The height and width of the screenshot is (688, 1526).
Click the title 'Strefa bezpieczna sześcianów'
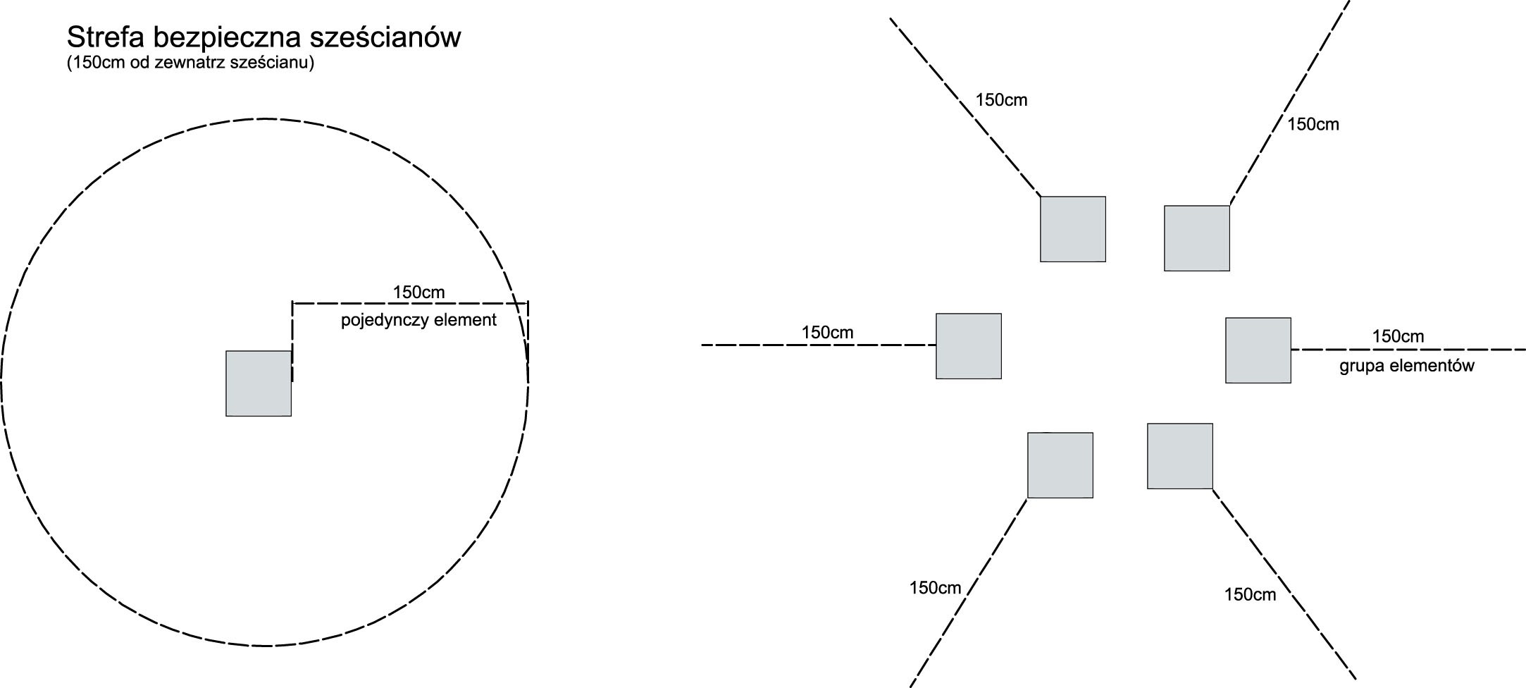coord(263,37)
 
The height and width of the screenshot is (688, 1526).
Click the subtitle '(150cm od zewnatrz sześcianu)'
coord(190,63)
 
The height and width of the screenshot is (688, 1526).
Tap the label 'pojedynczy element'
coord(418,320)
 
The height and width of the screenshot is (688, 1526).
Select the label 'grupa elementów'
coord(1406,366)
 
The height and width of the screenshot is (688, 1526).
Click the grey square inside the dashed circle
coord(259,383)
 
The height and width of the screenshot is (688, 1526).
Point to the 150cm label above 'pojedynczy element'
coord(418,292)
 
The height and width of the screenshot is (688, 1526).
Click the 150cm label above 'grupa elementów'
coord(1398,336)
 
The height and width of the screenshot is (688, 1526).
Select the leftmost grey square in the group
coord(968,346)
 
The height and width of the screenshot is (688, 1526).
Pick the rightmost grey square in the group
coord(1258,350)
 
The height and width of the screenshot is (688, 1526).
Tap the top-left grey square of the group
coord(1072,229)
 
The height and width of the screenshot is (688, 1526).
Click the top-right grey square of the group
coord(1196,238)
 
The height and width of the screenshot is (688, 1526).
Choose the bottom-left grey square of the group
coord(1060,465)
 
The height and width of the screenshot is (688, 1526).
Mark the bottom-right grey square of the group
coord(1179,456)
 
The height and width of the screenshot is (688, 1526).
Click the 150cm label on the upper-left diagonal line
coord(1001,100)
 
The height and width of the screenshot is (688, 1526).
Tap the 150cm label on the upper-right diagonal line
coord(1313,125)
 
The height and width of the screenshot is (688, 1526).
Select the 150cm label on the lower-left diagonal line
coord(935,588)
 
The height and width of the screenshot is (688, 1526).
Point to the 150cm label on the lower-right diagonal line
coord(1250,595)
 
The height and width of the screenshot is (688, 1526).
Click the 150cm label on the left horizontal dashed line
coord(827,332)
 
